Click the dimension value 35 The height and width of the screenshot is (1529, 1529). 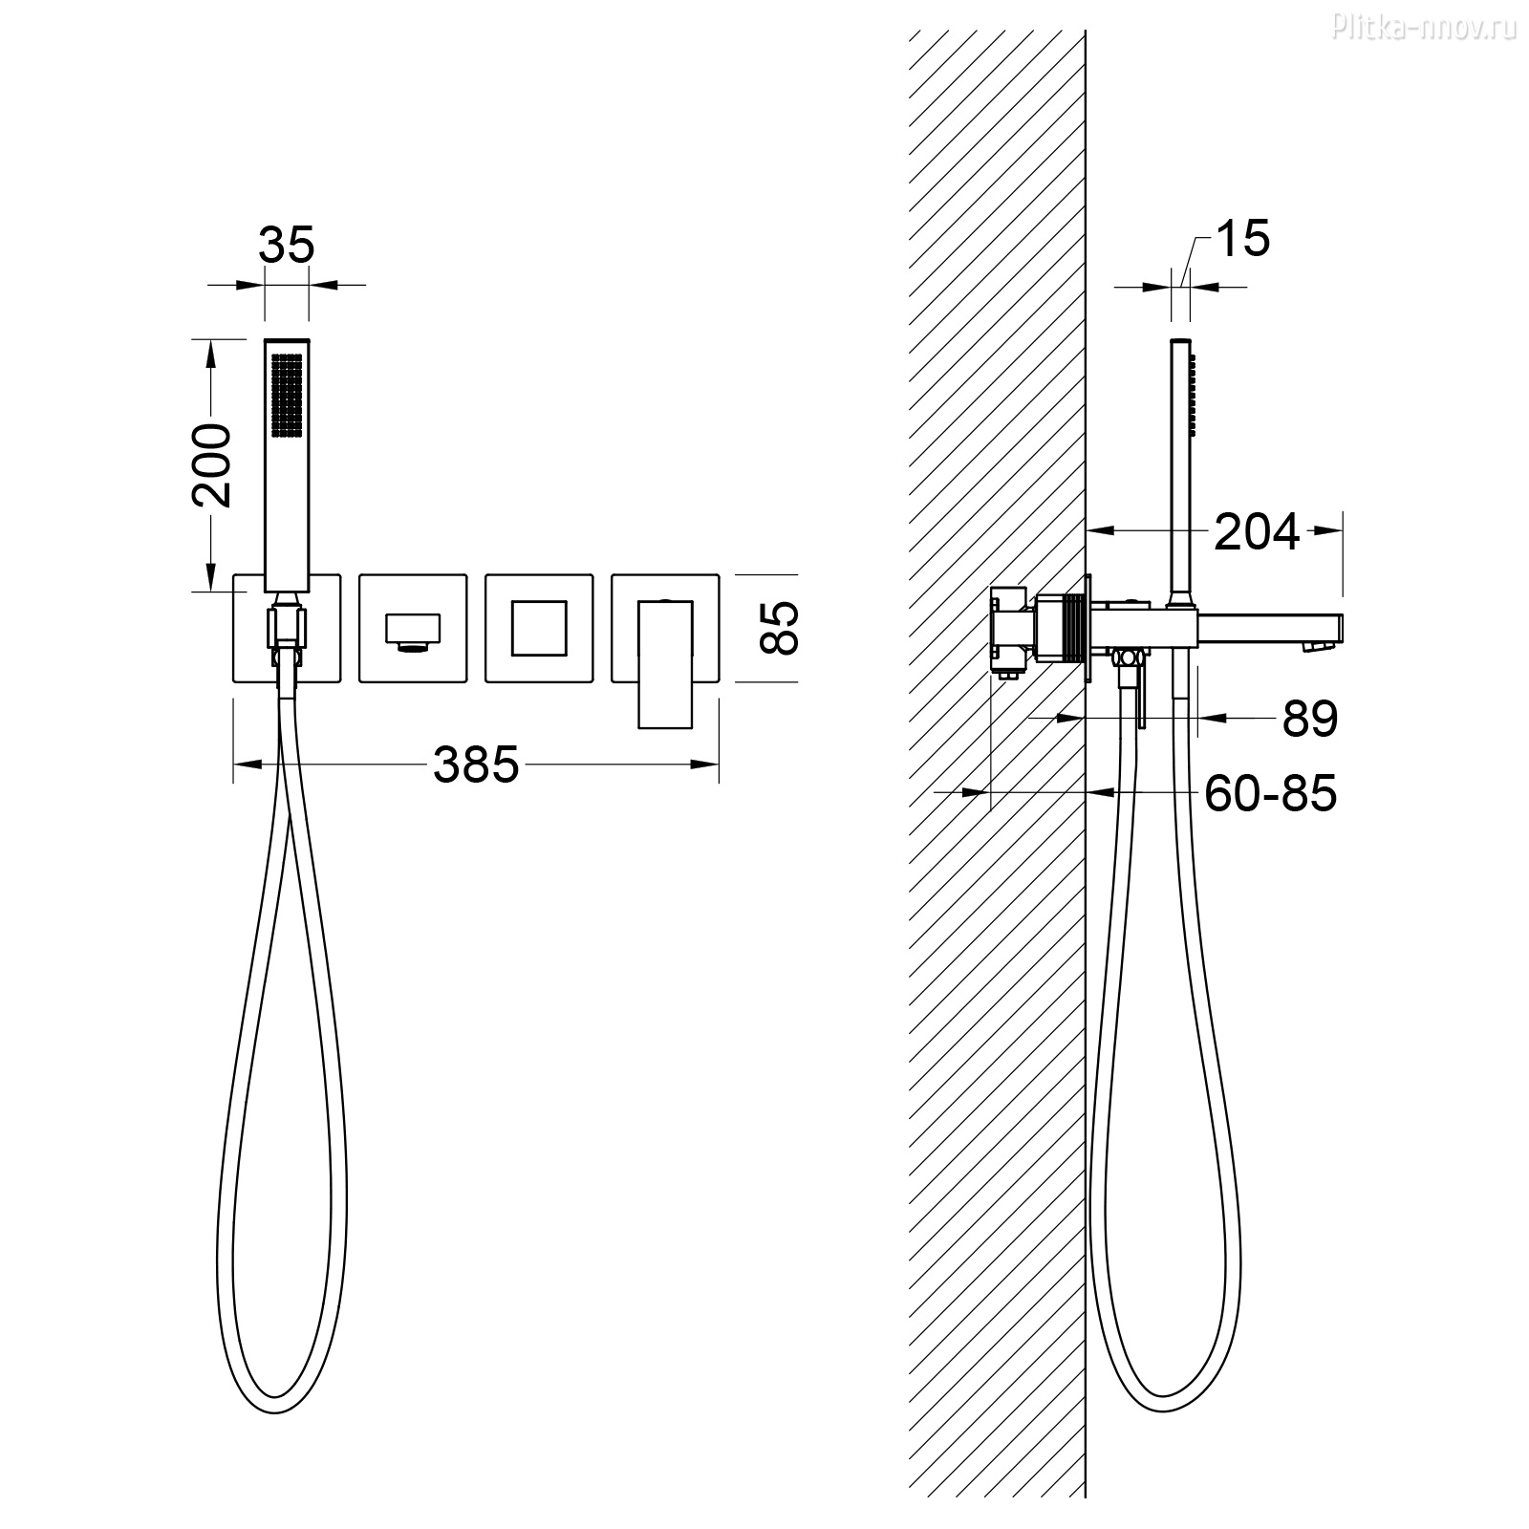(x=286, y=245)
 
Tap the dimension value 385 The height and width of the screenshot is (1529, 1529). (x=476, y=764)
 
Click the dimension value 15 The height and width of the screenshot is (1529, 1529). (x=1242, y=238)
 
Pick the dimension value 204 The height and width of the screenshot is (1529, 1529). (x=1257, y=531)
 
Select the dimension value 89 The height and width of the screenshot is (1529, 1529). (x=1310, y=719)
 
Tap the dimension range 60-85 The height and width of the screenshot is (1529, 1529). (x=1270, y=792)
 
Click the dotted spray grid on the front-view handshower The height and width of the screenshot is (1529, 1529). (x=287, y=397)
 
